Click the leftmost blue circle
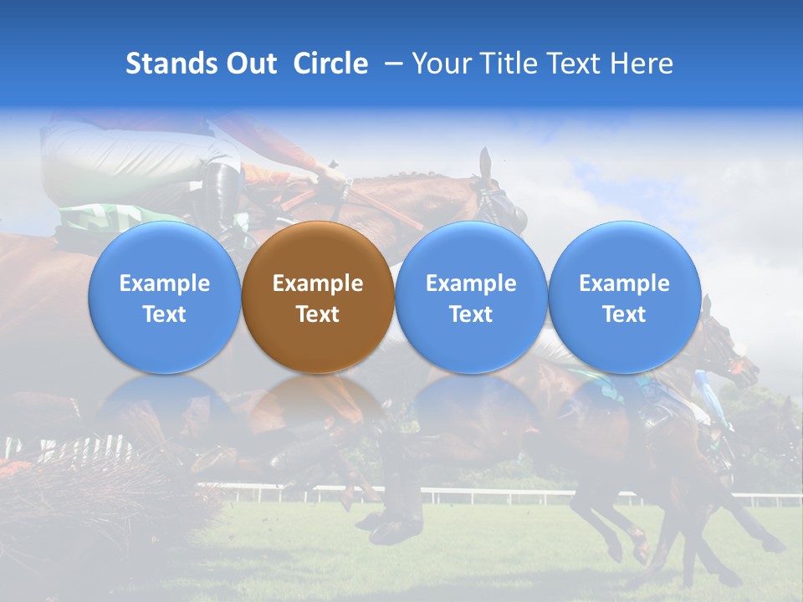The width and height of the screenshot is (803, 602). point(165,297)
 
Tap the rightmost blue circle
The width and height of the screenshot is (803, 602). point(624,297)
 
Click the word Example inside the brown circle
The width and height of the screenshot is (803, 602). point(318,283)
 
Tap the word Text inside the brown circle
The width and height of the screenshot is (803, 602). point(318,314)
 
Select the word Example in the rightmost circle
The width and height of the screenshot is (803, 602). point(624,283)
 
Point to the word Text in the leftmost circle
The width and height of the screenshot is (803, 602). point(165,314)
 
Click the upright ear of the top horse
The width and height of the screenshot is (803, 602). point(484,162)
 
